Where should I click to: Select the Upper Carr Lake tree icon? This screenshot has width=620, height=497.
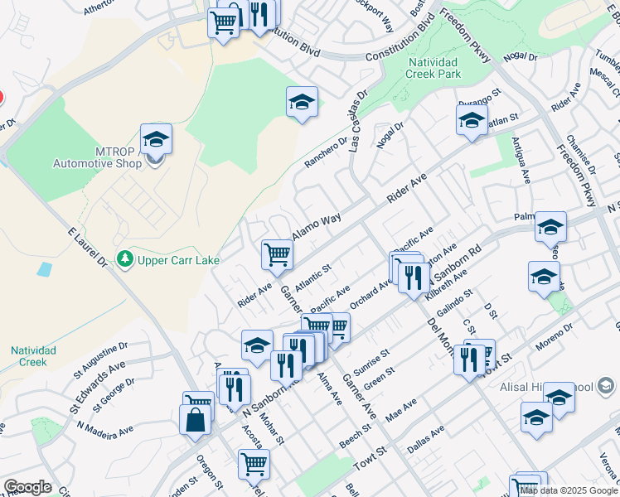point(125,259)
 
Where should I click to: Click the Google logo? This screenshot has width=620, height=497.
point(27,487)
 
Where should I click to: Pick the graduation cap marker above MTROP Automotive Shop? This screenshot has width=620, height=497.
point(155,139)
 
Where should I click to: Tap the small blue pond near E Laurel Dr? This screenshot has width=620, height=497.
point(44,269)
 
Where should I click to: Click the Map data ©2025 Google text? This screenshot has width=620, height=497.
point(569,490)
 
